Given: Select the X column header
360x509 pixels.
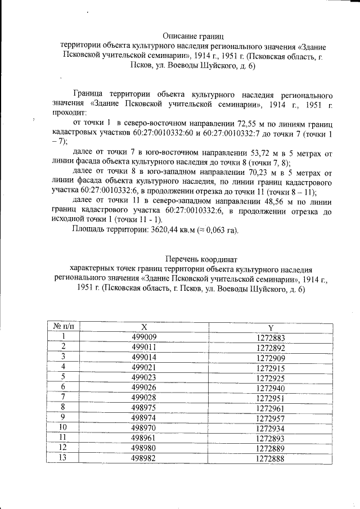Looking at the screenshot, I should pyautogui.click(x=144, y=326).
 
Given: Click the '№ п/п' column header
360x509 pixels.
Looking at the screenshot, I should pyautogui.click(x=64, y=326).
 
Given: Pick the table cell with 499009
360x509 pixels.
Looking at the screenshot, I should pyautogui.click(x=144, y=336).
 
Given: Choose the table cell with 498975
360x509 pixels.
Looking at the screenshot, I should pyautogui.click(x=144, y=408).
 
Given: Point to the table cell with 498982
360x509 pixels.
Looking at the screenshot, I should pyautogui.click(x=144, y=459).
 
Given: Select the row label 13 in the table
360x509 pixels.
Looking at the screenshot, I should pyautogui.click(x=64, y=459).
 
